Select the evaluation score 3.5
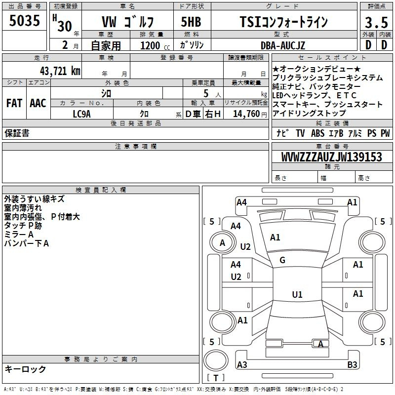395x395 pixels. [376, 23]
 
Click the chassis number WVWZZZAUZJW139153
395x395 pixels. [331, 158]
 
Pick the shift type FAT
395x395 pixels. [14, 103]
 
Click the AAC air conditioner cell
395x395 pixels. [38, 103]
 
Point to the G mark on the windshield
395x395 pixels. [282, 260]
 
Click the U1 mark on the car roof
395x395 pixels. [297, 295]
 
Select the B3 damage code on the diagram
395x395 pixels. [352, 365]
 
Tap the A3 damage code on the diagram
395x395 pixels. [242, 365]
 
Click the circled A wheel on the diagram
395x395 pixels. [222, 242]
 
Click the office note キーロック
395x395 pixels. [25, 369]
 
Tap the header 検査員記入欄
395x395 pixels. [101, 190]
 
